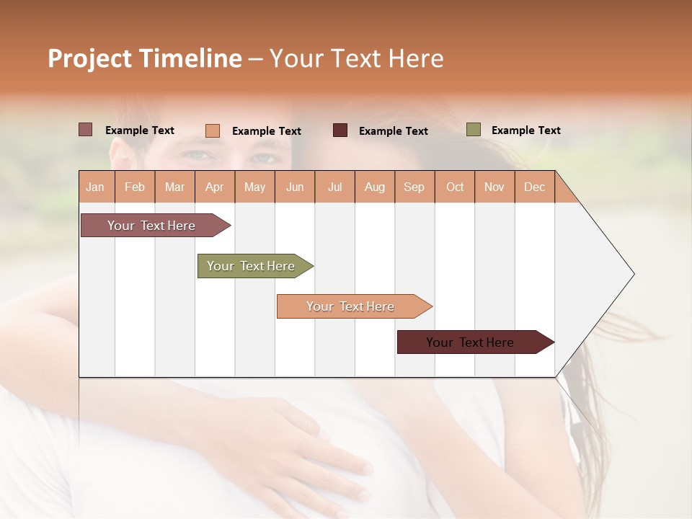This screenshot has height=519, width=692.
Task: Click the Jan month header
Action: coord(95,187)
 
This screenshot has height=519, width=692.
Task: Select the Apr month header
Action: coord(214,187)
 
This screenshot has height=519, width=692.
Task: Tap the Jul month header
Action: coord(334,187)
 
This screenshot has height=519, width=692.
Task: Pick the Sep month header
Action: coord(414,187)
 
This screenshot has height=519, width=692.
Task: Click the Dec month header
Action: coord(534,187)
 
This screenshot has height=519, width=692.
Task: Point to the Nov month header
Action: coord(494,187)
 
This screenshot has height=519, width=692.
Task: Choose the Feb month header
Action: coord(135,187)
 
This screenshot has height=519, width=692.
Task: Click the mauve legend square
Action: coord(86,130)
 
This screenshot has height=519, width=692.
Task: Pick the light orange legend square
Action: coord(213,130)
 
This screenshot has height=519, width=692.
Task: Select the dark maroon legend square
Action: coord(340,130)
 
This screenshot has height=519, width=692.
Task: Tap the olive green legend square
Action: coord(474,130)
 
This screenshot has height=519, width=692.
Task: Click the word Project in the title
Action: coord(89,58)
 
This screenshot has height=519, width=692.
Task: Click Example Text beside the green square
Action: coord(525,130)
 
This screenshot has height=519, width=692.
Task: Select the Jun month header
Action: coord(295,187)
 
